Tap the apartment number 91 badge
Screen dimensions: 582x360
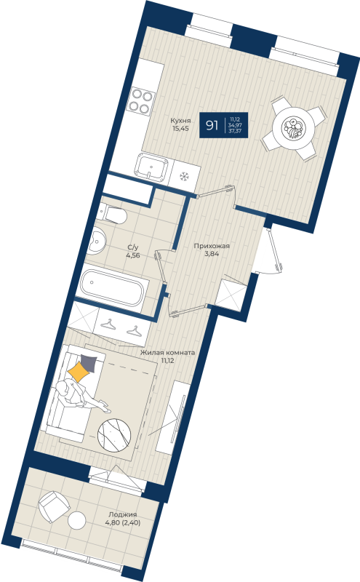(x=212, y=125)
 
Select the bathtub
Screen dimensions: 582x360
(x=113, y=286)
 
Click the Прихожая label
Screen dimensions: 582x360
(x=212, y=246)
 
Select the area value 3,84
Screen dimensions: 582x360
(x=211, y=255)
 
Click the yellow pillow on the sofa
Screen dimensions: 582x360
(x=79, y=373)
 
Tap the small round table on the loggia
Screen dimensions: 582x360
(x=77, y=520)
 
